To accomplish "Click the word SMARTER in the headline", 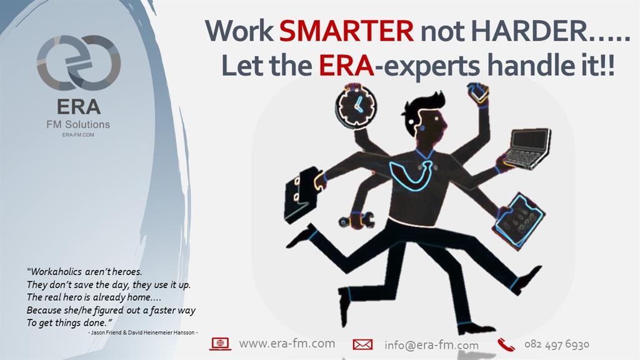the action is [346, 31].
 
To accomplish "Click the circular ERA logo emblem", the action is [79, 63].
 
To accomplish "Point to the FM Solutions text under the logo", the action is [78, 124].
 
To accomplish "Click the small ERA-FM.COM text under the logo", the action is [78, 135].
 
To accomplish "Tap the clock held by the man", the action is [356, 106].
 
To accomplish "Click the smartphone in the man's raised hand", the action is [477, 92].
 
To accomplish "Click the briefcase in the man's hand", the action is [301, 195].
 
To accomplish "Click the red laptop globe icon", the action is [221, 344].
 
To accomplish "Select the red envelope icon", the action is [362, 344].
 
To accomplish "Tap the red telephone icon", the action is [506, 344].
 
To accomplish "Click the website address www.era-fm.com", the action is [287, 344].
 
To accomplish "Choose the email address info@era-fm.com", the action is [431, 345].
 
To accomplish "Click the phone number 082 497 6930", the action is [557, 344].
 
